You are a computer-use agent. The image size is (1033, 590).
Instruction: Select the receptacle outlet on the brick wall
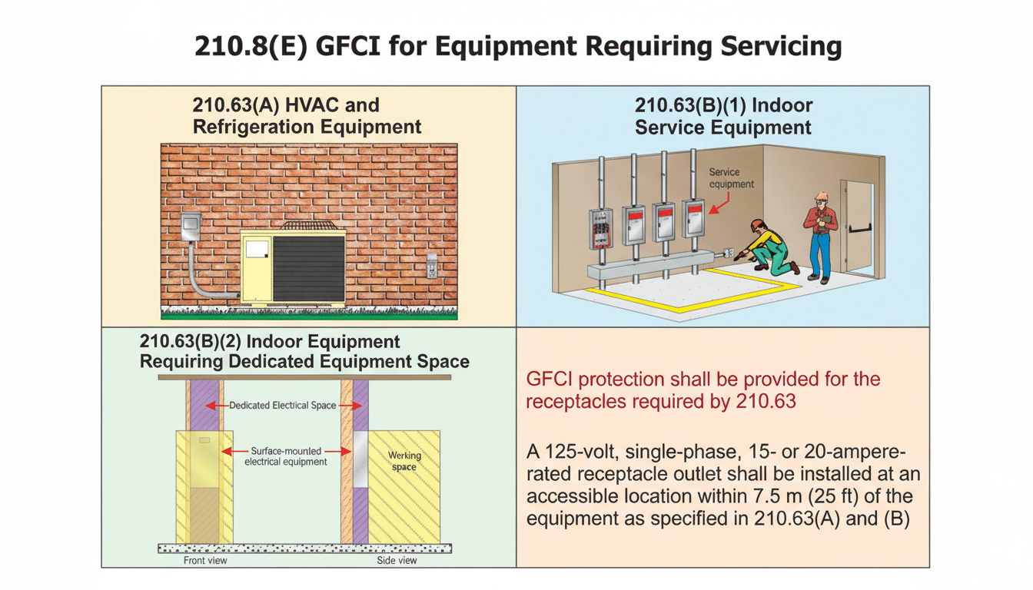point(432,266)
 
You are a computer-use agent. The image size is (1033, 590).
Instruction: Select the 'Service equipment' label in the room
point(731,178)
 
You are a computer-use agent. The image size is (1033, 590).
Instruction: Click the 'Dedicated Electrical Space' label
point(282,405)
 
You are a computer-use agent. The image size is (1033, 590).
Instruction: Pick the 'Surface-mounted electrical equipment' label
point(285,456)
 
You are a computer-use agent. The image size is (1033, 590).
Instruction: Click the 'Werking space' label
point(404,461)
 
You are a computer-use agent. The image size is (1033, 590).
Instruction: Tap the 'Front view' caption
point(205,560)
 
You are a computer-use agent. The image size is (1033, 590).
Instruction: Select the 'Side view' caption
point(397,560)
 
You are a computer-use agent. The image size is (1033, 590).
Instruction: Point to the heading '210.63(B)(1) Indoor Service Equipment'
point(723,116)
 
